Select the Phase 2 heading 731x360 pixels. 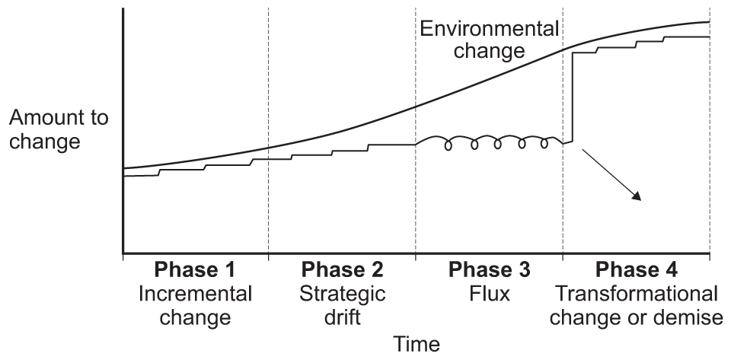pos(342,271)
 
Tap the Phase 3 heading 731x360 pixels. pos(489,271)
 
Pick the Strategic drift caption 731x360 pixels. pos(342,304)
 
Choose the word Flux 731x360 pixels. pos(489,293)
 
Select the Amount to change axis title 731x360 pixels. pos(59,130)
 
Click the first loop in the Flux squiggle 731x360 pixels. pos(449,146)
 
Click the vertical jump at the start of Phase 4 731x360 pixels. pos(572,97)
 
